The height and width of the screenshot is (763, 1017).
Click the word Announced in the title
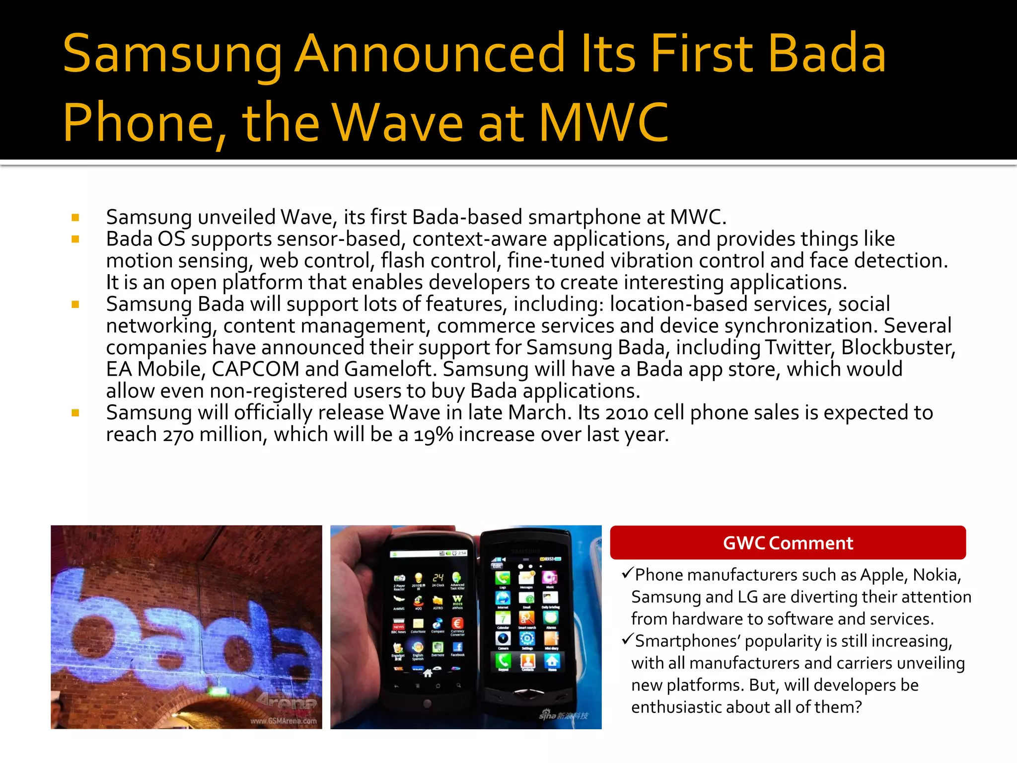point(430,54)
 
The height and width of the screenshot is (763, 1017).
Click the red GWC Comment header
point(788,542)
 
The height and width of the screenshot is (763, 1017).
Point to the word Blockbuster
point(897,347)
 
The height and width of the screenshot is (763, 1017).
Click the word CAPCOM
point(255,369)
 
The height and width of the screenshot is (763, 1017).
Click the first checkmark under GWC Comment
point(627,574)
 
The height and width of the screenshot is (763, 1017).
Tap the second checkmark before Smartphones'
point(627,639)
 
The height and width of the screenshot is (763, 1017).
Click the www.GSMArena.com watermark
point(283,721)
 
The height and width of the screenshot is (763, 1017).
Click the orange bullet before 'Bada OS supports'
point(75,239)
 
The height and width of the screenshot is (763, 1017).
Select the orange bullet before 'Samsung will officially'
point(75,413)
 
